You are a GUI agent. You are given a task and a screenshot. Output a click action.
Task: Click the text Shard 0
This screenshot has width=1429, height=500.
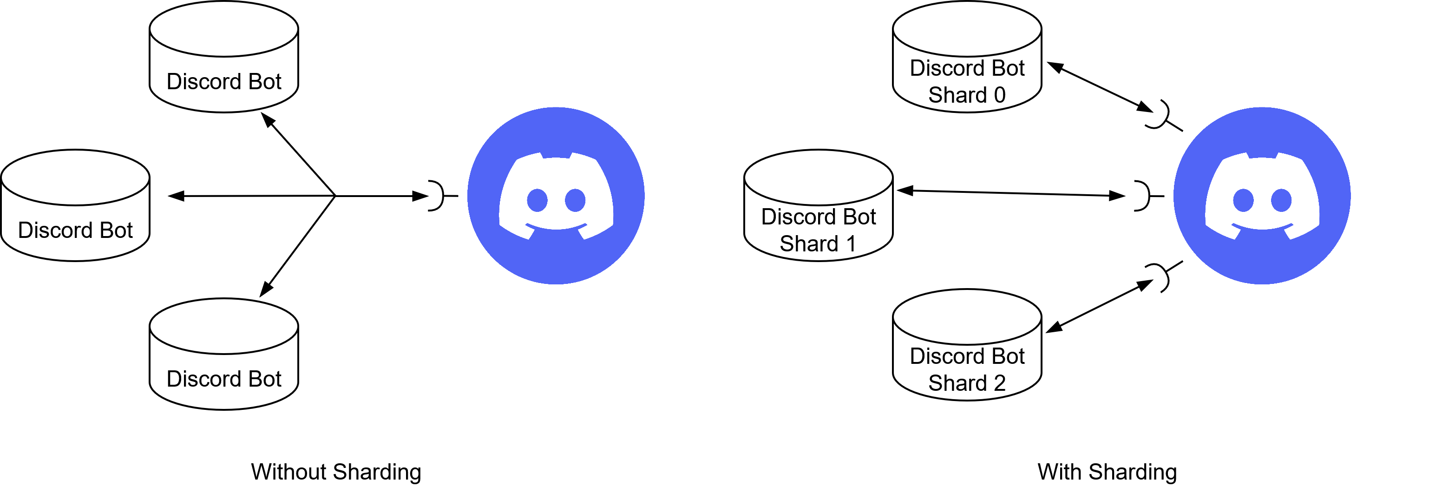pyautogui.click(x=967, y=95)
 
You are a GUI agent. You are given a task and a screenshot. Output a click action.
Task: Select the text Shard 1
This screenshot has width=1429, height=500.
pyautogui.click(x=818, y=243)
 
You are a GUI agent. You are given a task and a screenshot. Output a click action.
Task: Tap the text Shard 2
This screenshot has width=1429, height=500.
pyautogui.click(x=967, y=383)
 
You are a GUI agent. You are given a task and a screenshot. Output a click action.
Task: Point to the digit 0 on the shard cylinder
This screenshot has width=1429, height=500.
pyautogui.click(x=1000, y=95)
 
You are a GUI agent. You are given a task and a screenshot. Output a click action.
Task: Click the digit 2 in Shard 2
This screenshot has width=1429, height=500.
pyautogui.click(x=1000, y=383)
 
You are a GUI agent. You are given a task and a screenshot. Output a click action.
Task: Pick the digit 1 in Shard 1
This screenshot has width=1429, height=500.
pyautogui.click(x=851, y=243)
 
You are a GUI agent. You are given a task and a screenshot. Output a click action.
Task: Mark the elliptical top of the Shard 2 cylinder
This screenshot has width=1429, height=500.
pyautogui.click(x=967, y=317)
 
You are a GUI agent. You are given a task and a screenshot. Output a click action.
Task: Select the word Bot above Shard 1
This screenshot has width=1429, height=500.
pyautogui.click(x=859, y=217)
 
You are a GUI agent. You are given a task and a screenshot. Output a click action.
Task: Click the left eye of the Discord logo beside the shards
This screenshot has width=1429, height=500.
pyautogui.click(x=1243, y=200)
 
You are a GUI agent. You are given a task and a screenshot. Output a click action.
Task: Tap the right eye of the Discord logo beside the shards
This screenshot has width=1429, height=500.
pyautogui.click(x=1281, y=200)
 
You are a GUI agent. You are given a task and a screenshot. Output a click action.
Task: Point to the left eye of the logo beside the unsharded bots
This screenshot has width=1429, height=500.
pyautogui.click(x=537, y=200)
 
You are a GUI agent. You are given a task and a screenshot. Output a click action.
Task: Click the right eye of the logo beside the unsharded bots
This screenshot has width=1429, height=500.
pyautogui.click(x=575, y=200)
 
